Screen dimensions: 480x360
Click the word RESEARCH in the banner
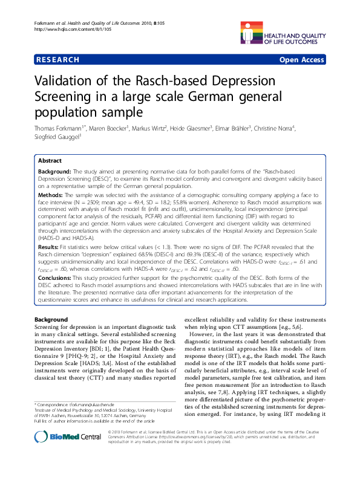pyautogui.click(x=57, y=60)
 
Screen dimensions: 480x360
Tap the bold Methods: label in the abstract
pyautogui.click(x=52, y=196)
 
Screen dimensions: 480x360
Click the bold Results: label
pyautogui.click(x=50, y=247)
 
